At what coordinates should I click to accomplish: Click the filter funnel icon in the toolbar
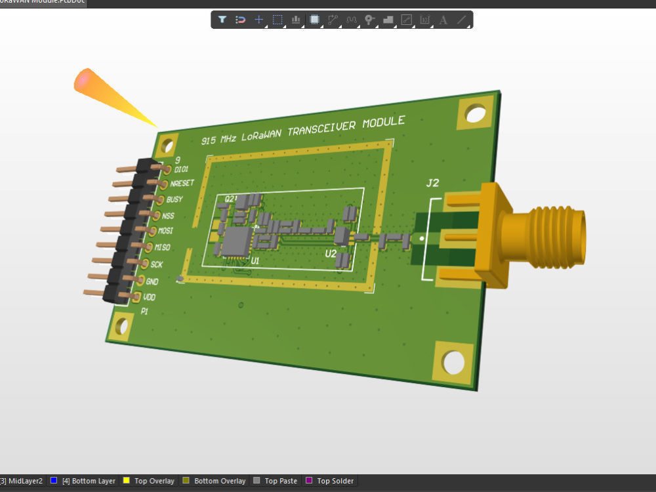coord(222,20)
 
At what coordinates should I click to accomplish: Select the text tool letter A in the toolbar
coord(443,20)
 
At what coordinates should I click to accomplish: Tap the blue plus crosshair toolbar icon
coord(258,20)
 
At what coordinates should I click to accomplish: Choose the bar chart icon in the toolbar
coord(296,20)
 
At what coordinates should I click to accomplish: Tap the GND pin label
coord(152,281)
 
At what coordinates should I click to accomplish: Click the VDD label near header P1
coord(149,297)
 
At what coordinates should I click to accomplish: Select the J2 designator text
coord(432,183)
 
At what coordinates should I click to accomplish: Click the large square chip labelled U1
coord(235,241)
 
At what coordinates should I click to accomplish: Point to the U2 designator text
coord(331,253)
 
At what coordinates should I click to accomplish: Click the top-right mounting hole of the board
coord(476,113)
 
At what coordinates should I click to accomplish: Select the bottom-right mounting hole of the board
coord(453,361)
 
